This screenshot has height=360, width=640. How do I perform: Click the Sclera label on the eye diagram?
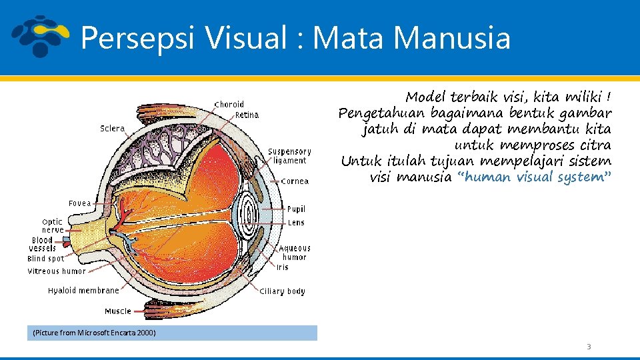(112, 128)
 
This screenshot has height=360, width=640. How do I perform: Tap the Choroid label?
(229, 104)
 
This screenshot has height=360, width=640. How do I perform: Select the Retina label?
(247, 115)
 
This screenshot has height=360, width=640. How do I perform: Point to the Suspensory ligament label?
(289, 156)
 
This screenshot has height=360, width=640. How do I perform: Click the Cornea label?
(295, 181)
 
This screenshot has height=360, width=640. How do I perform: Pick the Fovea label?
(80, 203)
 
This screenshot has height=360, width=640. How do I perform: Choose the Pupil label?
(296, 209)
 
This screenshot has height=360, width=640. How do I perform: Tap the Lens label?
(296, 223)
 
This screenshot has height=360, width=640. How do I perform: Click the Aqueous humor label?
(294, 253)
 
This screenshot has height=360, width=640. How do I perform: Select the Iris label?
(283, 267)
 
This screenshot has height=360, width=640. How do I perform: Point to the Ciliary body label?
(282, 291)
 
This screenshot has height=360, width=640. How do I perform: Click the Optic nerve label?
(53, 225)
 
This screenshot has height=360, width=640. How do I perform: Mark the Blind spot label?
(46, 259)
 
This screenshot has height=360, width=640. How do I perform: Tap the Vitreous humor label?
(57, 271)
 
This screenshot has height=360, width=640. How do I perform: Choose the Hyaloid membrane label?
(83, 290)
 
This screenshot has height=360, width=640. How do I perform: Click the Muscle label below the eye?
(118, 311)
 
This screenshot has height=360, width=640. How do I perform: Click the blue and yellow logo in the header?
(40, 37)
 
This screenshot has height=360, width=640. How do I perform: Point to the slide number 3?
(589, 347)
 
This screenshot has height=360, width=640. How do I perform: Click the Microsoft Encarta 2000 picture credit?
(94, 333)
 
